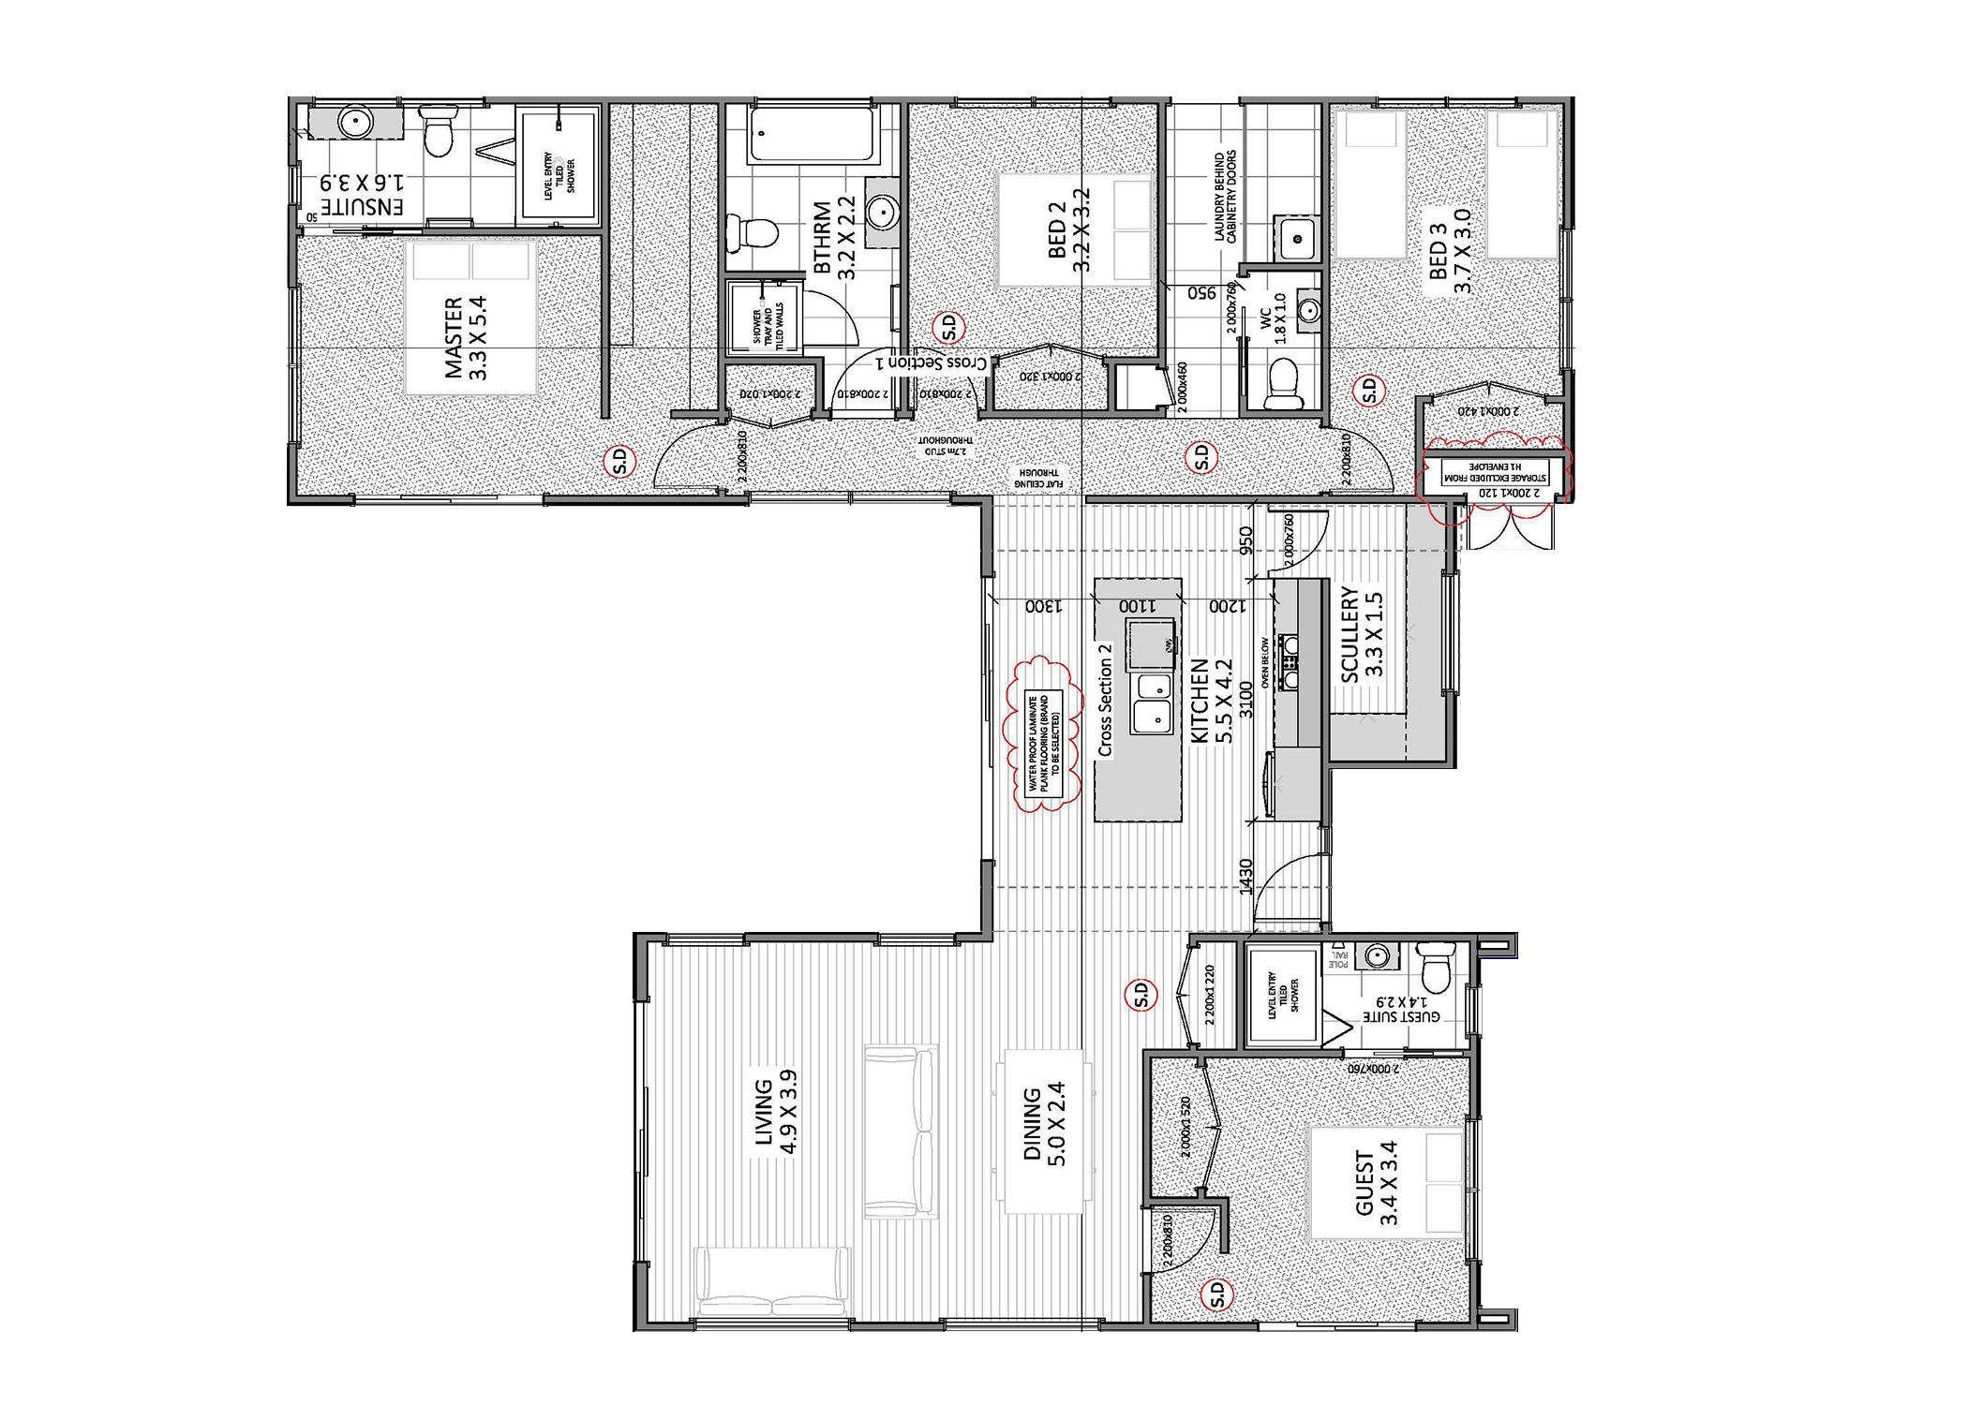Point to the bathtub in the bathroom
click(x=813, y=134)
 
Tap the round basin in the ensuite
click(x=355, y=122)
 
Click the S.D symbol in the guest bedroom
click(x=1217, y=1294)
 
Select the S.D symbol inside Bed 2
click(x=948, y=328)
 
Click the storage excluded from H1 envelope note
click(x=1495, y=472)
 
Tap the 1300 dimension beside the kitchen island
click(x=1043, y=606)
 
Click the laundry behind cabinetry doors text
click(x=1225, y=197)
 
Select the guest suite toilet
click(x=1435, y=969)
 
